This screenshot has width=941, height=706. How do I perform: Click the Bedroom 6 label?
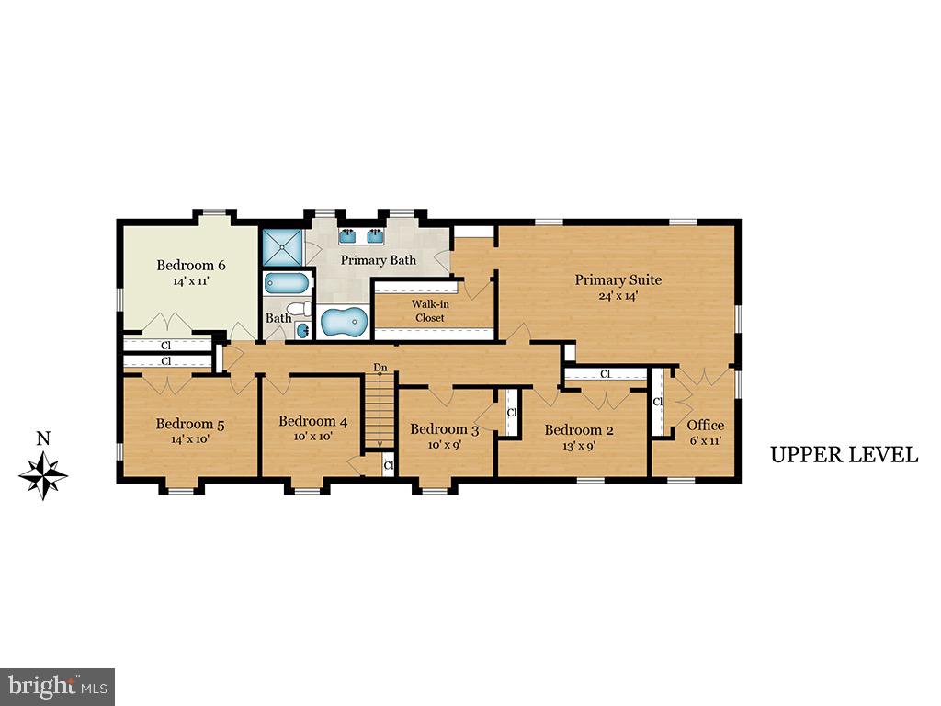pos(191,266)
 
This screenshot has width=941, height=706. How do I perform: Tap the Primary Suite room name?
pos(618,279)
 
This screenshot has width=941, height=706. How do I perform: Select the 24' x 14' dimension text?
pos(618,296)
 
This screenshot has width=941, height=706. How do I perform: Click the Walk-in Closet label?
pos(429,311)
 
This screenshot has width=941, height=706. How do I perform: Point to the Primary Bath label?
pos(379,260)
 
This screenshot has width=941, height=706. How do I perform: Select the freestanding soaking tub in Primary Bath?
pos(344,323)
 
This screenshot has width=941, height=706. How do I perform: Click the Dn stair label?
pos(380,368)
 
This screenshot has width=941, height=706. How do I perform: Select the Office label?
pos(705,425)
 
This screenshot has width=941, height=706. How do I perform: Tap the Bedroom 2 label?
pos(579,429)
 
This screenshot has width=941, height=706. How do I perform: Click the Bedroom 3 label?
pos(444,429)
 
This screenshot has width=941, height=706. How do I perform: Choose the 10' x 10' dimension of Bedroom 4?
pos(312,437)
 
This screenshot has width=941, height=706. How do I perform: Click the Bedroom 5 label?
pos(190,424)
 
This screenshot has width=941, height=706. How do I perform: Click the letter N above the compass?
pos(42,438)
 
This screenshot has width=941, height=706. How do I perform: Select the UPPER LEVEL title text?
pos(844,454)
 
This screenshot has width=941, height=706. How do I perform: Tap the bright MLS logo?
pos(56,686)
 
